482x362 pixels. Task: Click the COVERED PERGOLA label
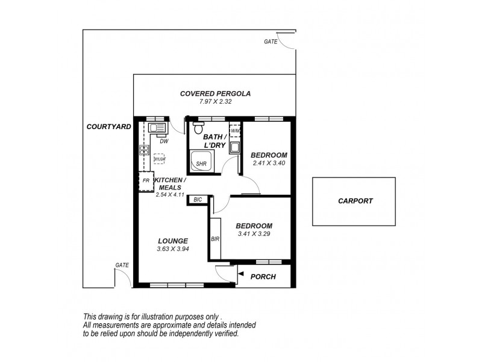pyautogui.click(x=216, y=94)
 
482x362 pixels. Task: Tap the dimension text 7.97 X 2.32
pyautogui.click(x=216, y=102)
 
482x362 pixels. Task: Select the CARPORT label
pyautogui.click(x=355, y=202)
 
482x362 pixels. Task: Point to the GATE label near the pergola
pyautogui.click(x=271, y=42)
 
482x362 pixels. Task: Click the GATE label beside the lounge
pyautogui.click(x=123, y=265)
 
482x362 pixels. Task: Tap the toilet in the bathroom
pyautogui.click(x=196, y=127)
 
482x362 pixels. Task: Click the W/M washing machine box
pyautogui.click(x=236, y=131)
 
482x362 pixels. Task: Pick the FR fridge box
pyautogui.click(x=145, y=180)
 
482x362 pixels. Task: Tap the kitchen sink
pyautogui.click(x=157, y=128)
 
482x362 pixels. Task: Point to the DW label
pyautogui.click(x=164, y=141)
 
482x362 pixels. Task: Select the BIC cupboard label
pyautogui.click(x=198, y=200)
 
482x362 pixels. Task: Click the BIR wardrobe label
pyautogui.click(x=215, y=239)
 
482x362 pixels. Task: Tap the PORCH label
pyautogui.click(x=262, y=277)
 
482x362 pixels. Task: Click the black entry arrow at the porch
pyautogui.click(x=239, y=276)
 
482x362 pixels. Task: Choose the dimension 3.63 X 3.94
pyautogui.click(x=174, y=249)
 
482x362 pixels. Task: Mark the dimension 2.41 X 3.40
pyautogui.click(x=268, y=163)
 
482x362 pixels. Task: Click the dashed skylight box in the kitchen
pyautogui.click(x=159, y=159)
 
